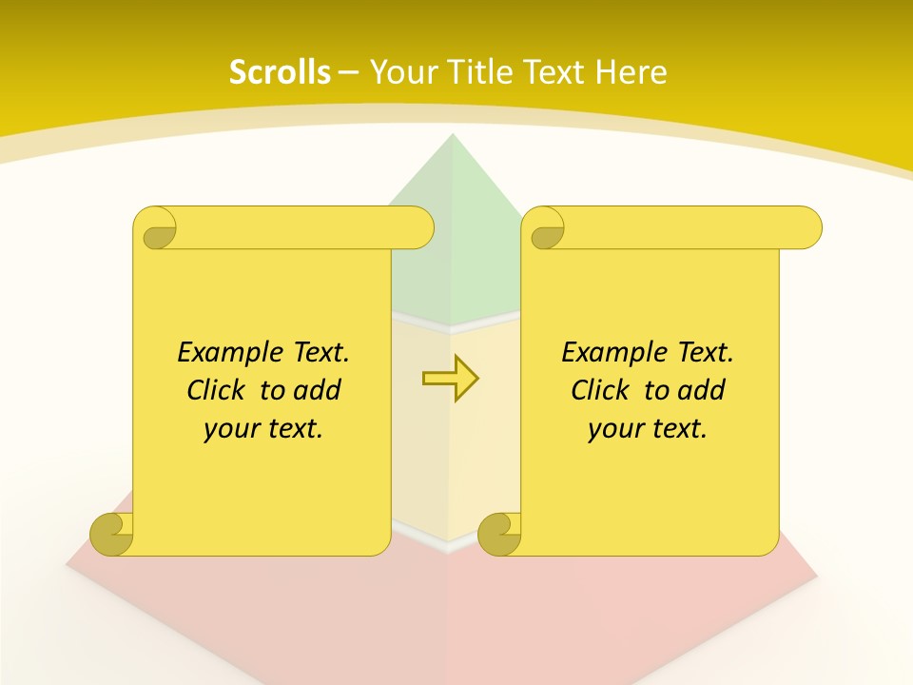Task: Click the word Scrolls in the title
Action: [x=280, y=72]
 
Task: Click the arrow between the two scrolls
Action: [x=450, y=379]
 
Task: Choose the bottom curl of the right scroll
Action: [x=500, y=534]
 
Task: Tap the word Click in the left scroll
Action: [x=218, y=390]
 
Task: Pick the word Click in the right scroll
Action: [x=601, y=390]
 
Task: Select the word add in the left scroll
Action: [x=319, y=390]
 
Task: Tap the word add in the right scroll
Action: [x=703, y=390]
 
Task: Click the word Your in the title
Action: [x=401, y=72]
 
